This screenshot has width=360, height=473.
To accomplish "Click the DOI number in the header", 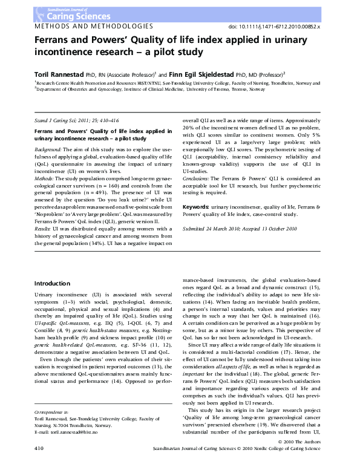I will [x=290, y=28].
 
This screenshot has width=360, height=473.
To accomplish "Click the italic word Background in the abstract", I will [x=48, y=148].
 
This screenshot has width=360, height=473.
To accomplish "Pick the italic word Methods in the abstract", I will [x=45, y=178].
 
